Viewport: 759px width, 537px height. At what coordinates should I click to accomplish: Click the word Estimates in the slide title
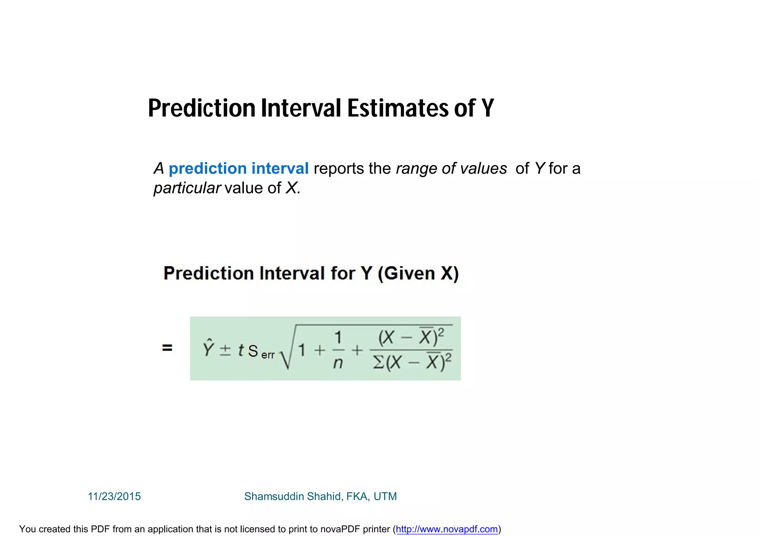click(398, 108)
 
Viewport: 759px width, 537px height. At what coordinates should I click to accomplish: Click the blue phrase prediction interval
click(238, 168)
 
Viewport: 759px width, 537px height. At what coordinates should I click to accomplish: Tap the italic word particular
click(187, 188)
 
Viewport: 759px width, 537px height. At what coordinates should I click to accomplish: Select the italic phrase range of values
click(451, 168)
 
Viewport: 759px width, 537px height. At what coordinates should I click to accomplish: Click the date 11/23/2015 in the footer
click(114, 497)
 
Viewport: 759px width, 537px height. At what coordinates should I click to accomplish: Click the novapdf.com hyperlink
click(447, 529)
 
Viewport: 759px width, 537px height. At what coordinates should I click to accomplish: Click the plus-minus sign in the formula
click(225, 350)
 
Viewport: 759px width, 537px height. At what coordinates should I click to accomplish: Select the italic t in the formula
click(241, 350)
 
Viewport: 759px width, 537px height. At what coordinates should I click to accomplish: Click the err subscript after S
click(268, 355)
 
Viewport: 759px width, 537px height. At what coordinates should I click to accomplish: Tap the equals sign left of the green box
click(167, 348)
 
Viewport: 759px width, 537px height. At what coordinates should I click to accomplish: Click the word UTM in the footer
click(385, 497)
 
